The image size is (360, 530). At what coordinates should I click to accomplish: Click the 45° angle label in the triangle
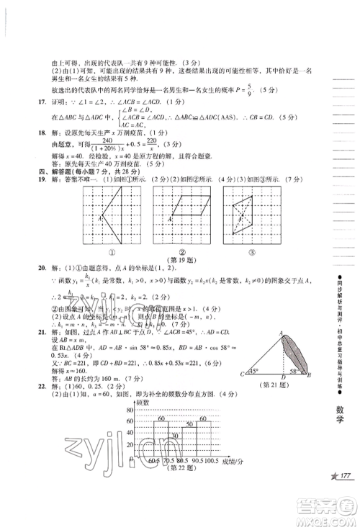253,372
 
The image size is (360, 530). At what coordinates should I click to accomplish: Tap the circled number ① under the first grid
112,252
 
